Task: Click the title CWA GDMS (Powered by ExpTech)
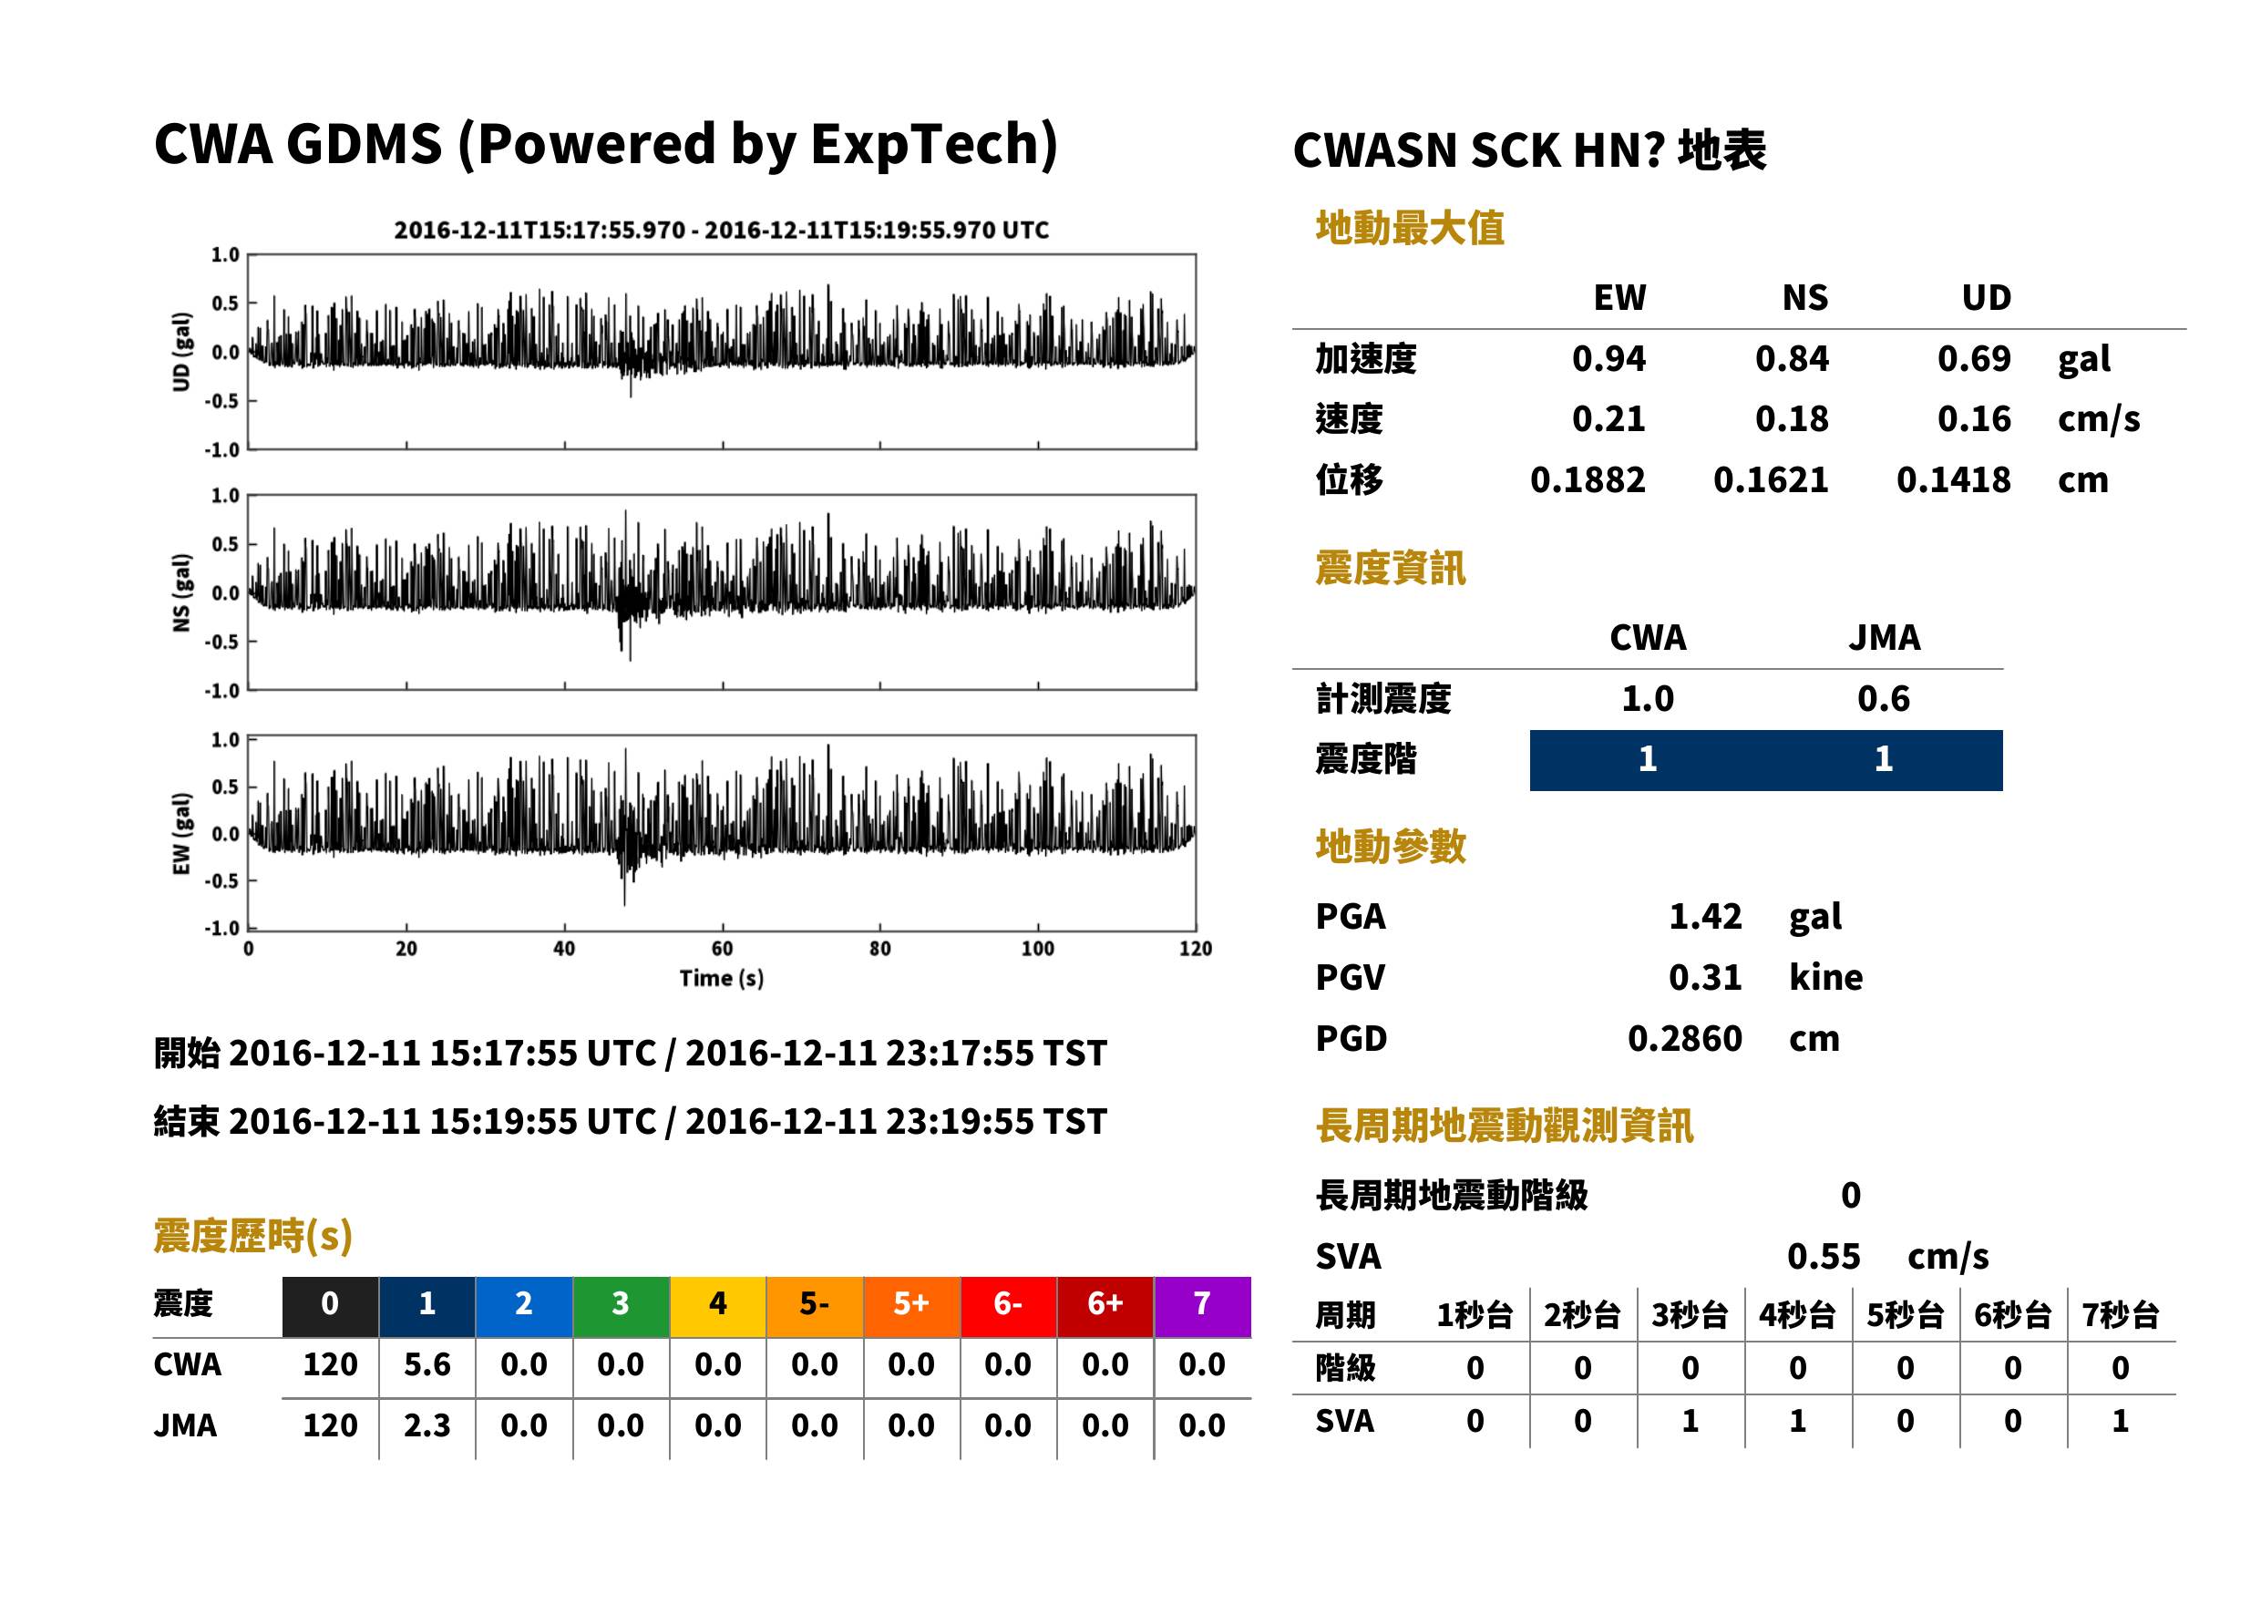point(605,145)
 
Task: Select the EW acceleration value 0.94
point(1608,358)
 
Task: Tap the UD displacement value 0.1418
point(1953,479)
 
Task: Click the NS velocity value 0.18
point(1791,418)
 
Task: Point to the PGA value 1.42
point(1705,916)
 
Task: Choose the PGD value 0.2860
point(1684,1038)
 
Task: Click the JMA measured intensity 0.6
point(1883,698)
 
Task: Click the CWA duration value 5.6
point(427,1364)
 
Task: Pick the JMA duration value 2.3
point(427,1425)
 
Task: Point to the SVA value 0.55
point(1824,1256)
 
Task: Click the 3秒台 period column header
point(1690,1314)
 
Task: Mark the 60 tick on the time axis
point(722,948)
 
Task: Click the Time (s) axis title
point(722,978)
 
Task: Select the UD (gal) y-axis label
point(181,352)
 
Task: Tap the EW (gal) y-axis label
point(181,833)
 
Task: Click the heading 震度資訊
point(1390,568)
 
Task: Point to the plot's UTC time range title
point(722,230)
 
